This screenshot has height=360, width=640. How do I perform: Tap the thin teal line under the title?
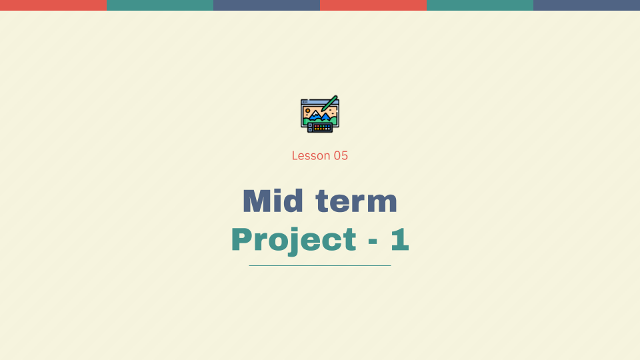[320, 265]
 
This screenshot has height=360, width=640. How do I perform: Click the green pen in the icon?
[329, 103]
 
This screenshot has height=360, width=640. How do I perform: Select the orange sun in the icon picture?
[307, 110]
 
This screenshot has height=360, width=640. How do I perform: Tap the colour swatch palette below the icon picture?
[321, 127]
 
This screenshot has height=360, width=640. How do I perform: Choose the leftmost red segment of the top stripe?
[53, 5]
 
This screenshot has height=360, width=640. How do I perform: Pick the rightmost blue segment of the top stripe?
[587, 5]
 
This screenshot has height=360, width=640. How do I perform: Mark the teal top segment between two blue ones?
[480, 5]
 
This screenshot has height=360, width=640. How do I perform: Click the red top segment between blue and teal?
[373, 5]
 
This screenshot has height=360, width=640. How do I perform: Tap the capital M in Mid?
[255, 201]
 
